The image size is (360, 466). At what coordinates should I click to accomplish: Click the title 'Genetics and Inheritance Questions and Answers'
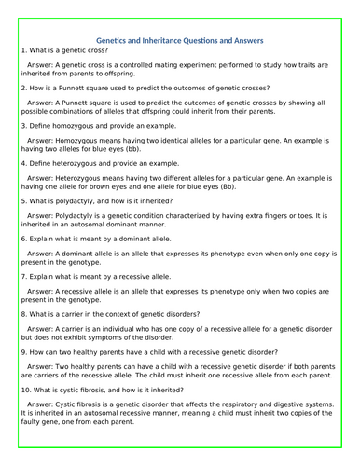tap(181, 40)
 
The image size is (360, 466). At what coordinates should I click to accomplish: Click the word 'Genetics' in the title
tap(118, 40)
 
